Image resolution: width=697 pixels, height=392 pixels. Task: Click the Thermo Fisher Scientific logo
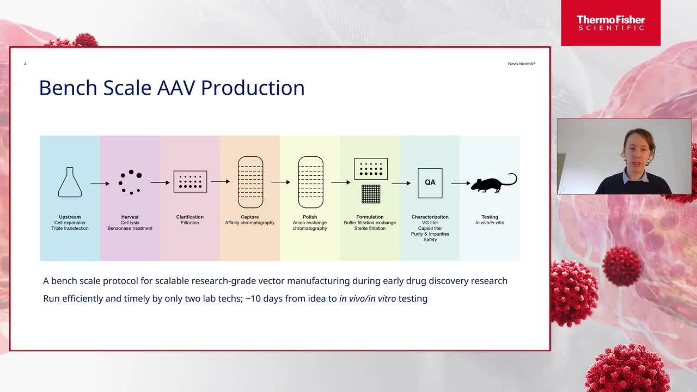click(x=610, y=23)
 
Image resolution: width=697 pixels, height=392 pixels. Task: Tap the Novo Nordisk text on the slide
click(x=522, y=64)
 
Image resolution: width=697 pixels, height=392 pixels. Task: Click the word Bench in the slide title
click(x=68, y=88)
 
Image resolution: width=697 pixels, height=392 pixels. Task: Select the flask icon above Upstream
click(x=70, y=182)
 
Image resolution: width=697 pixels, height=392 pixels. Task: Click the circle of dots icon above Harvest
click(x=130, y=182)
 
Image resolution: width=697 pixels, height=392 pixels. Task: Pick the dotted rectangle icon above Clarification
click(x=190, y=181)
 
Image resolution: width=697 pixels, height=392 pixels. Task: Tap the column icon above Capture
click(x=250, y=182)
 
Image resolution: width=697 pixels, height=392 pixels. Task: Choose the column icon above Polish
click(x=310, y=182)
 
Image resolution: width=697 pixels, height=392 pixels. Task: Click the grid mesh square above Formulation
click(x=371, y=194)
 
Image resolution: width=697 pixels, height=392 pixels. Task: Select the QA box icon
click(x=430, y=183)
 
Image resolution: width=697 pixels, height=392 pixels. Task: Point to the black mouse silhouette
click(x=494, y=183)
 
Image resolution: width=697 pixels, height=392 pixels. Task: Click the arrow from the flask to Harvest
click(x=100, y=184)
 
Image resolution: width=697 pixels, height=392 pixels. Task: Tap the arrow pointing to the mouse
click(x=461, y=183)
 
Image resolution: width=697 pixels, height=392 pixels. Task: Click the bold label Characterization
click(x=430, y=217)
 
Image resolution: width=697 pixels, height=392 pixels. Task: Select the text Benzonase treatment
click(x=130, y=228)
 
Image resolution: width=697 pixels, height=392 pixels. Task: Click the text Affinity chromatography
click(x=250, y=223)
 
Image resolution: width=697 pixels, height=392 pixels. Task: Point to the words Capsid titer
click(x=430, y=228)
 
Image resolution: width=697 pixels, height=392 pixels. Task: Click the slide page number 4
click(x=25, y=64)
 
